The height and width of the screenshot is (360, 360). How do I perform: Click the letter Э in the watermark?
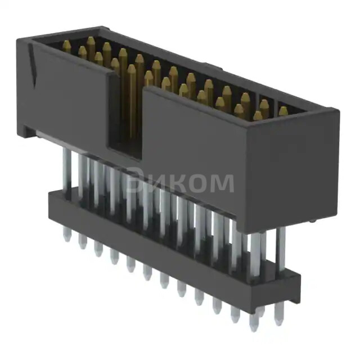(x=134, y=181)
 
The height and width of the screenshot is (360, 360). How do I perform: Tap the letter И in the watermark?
(x=154, y=182)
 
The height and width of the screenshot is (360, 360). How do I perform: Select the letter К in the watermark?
(x=174, y=182)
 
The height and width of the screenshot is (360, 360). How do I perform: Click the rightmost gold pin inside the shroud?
(x=282, y=111)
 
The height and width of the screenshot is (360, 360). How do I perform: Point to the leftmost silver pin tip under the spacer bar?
(x=67, y=237)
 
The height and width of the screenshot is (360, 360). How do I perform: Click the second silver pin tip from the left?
(x=83, y=243)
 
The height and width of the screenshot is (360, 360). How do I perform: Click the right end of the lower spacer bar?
(x=294, y=287)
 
